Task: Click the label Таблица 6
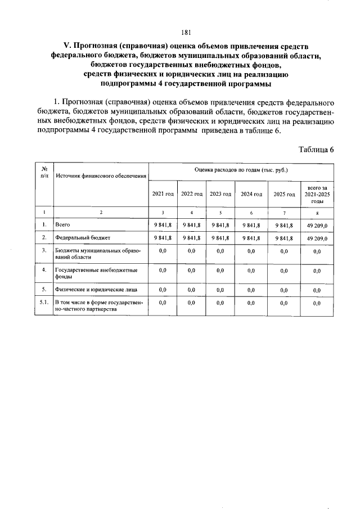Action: (x=317, y=150)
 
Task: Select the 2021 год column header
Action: (x=163, y=194)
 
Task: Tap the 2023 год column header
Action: (x=220, y=194)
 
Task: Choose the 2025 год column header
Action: (x=283, y=194)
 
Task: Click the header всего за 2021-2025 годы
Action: (x=317, y=194)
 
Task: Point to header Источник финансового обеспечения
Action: (x=101, y=176)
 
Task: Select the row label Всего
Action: (x=62, y=225)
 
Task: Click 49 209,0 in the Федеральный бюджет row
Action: (x=317, y=238)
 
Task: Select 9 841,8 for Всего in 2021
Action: (x=163, y=225)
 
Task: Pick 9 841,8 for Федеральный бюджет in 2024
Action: (x=251, y=238)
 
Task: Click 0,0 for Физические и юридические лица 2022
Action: (x=191, y=290)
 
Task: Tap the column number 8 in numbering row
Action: (x=317, y=213)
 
